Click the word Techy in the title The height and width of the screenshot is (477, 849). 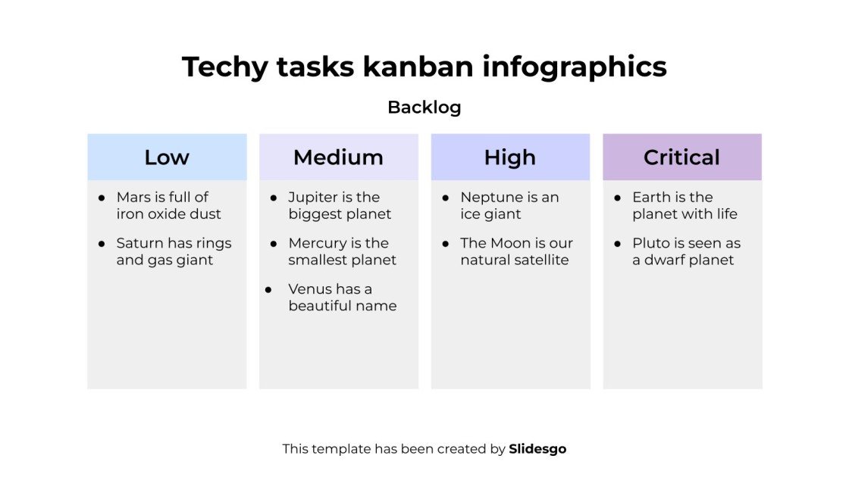click(224, 67)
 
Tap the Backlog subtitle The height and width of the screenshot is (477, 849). click(424, 108)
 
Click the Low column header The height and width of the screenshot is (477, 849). click(167, 157)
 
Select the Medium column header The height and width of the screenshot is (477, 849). click(338, 157)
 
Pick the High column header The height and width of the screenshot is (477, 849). click(510, 157)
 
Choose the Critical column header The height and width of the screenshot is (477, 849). click(681, 157)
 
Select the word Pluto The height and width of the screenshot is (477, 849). click(650, 244)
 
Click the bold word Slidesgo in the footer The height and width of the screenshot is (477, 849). click(537, 449)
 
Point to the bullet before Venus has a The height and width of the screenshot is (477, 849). click(268, 290)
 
